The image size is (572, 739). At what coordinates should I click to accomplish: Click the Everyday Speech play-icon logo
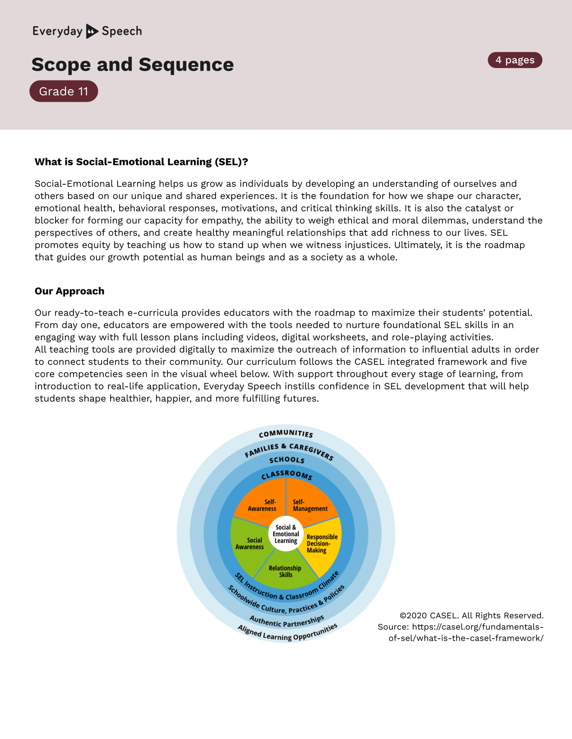pyautogui.click(x=92, y=31)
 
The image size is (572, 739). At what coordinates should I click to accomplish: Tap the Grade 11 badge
pyautogui.click(x=64, y=91)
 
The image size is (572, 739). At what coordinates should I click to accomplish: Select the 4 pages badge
pyautogui.click(x=515, y=60)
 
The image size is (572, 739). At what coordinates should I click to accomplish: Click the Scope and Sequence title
pyautogui.click(x=133, y=65)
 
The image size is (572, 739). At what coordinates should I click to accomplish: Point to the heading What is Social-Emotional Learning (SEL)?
pyautogui.click(x=141, y=162)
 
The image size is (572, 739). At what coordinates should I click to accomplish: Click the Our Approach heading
pyautogui.click(x=69, y=291)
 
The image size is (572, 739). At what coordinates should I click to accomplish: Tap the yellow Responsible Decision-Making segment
pyautogui.click(x=322, y=543)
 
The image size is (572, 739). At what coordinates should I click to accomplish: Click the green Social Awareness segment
pyautogui.click(x=250, y=543)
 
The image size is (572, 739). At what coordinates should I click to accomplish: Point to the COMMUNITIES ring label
pyautogui.click(x=286, y=434)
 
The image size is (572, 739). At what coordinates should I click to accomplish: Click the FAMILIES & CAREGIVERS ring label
pyautogui.click(x=288, y=450)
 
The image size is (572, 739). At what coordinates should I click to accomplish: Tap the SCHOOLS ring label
pyautogui.click(x=287, y=460)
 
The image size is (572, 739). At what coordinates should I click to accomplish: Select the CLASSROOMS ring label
pyautogui.click(x=287, y=475)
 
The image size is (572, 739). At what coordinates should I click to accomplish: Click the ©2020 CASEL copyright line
pyautogui.click(x=471, y=615)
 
